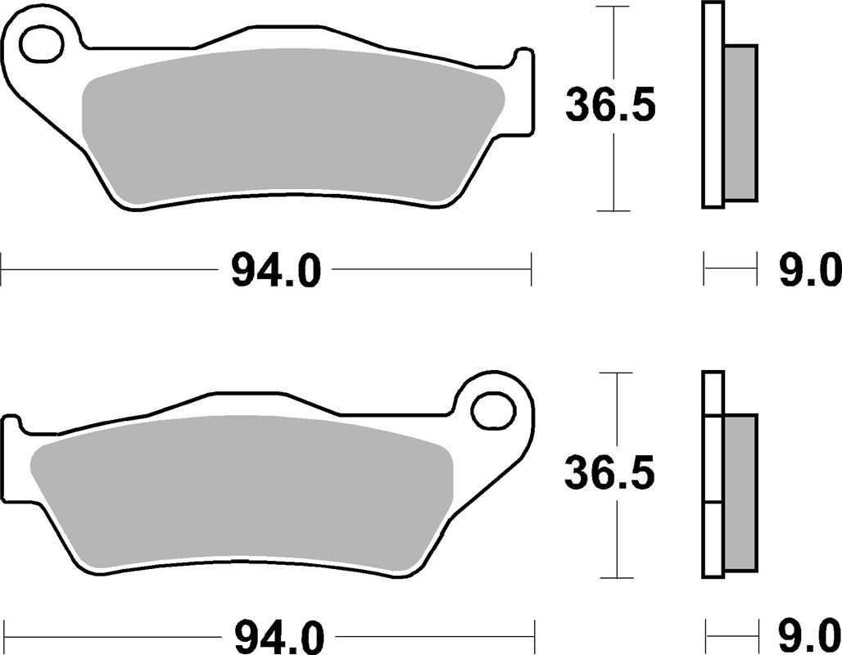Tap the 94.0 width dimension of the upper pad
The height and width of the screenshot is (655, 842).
click(x=275, y=270)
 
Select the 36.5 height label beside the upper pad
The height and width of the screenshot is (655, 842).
click(x=610, y=107)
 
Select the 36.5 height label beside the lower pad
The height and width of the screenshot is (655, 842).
click(x=610, y=473)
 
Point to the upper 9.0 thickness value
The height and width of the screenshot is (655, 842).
click(x=809, y=270)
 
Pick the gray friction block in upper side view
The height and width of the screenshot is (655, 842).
click(x=741, y=123)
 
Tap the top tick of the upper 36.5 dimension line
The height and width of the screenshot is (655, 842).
click(x=614, y=7)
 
